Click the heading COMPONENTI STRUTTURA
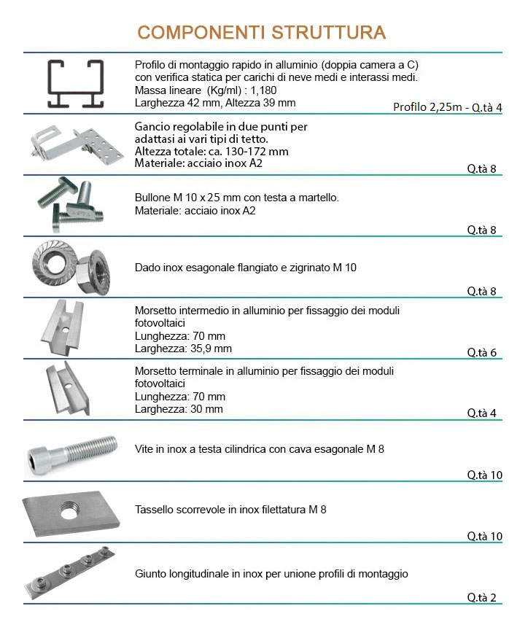(261, 33)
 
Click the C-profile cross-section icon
(74, 83)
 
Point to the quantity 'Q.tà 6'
(481, 352)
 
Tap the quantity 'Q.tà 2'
(481, 598)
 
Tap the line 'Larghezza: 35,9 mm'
(183, 349)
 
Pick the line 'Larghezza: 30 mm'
(179, 409)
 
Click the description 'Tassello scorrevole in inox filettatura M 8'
(230, 509)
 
